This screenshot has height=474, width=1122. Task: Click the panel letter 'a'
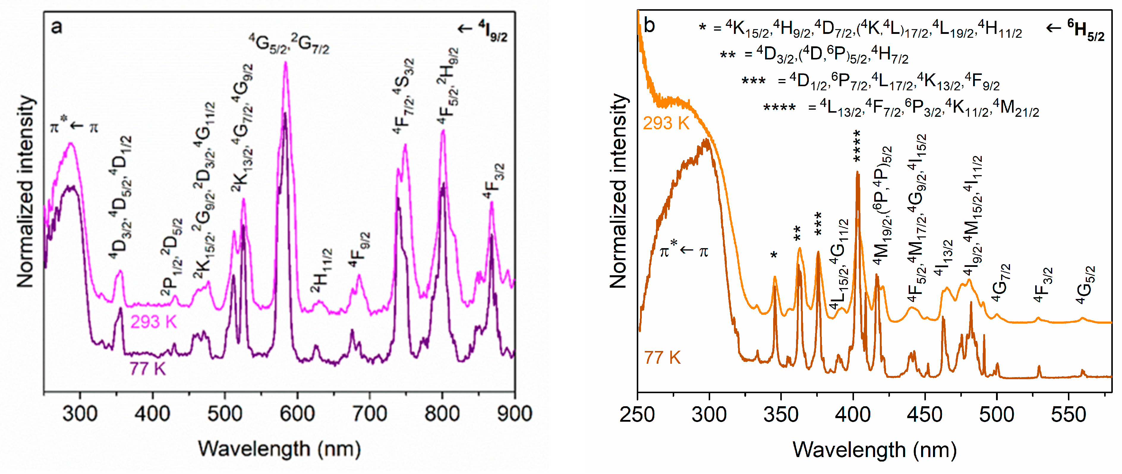(57, 27)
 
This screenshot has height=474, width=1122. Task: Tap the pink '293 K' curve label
(153, 322)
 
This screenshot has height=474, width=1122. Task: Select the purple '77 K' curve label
(147, 369)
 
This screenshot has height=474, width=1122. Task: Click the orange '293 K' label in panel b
(666, 124)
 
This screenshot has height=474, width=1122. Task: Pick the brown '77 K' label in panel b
(662, 358)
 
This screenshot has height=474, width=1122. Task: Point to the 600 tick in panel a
(297, 413)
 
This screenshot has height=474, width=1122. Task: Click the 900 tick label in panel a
(514, 413)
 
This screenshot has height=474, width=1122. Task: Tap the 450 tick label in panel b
(925, 414)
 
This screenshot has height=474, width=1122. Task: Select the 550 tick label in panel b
(1069, 414)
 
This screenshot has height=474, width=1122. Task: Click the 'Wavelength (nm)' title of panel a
(279, 449)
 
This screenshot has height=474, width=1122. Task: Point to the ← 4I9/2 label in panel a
(483, 30)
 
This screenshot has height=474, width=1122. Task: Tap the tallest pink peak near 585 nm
(286, 64)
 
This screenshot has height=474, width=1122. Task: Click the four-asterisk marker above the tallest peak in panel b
(857, 146)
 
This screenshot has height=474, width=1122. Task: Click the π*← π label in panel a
(74, 126)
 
